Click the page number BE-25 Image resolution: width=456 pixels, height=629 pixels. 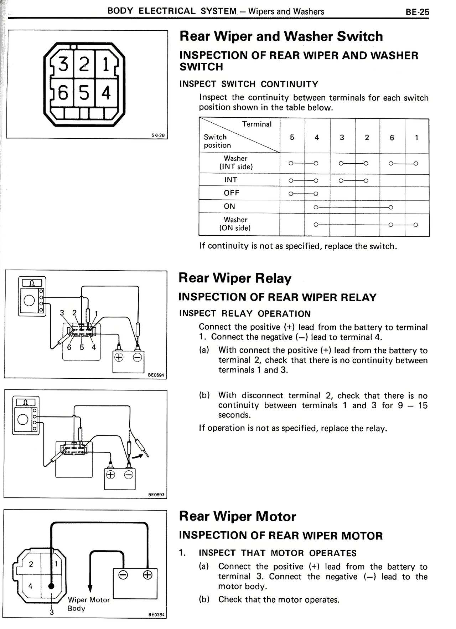(x=417, y=12)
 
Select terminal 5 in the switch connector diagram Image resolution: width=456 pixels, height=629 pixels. (x=84, y=93)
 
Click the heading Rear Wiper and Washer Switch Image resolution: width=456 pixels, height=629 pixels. (x=281, y=36)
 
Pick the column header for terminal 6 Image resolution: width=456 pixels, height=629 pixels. (x=392, y=138)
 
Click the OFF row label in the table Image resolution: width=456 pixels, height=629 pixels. (x=232, y=193)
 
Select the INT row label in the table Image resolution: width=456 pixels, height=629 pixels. (x=230, y=180)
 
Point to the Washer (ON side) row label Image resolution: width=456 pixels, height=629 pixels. (x=235, y=224)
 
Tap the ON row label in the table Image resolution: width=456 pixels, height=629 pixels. (x=229, y=206)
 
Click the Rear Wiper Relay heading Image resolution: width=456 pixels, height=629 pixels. (x=235, y=278)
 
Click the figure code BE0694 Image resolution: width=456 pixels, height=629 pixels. (x=156, y=375)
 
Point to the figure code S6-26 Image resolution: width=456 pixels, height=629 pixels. (x=158, y=135)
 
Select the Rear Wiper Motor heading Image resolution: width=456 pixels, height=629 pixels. (x=237, y=516)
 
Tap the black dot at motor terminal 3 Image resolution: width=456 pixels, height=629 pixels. (x=51, y=586)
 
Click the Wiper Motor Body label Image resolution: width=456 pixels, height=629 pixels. (x=89, y=604)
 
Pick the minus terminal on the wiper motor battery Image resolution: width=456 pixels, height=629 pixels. (x=123, y=575)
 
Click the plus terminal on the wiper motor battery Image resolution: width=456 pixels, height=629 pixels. (x=147, y=575)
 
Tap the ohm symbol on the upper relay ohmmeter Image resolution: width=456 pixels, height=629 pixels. (x=32, y=283)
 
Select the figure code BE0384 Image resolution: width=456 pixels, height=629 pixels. (x=156, y=614)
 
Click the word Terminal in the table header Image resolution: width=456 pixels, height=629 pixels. (x=256, y=124)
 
